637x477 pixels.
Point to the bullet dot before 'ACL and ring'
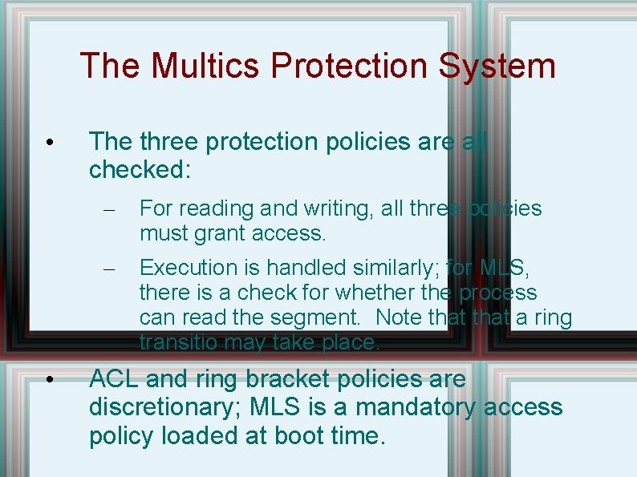coord(50,380)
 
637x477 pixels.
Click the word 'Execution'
coord(188,268)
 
